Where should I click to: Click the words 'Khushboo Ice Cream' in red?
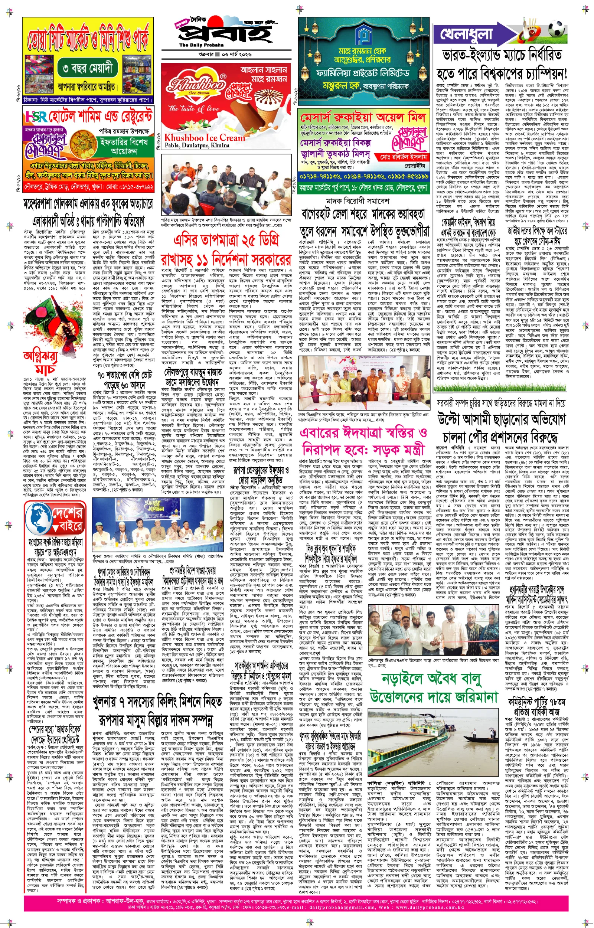[205, 138]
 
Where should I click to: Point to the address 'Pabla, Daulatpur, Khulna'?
[197, 146]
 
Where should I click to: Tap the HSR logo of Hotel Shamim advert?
[36, 116]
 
